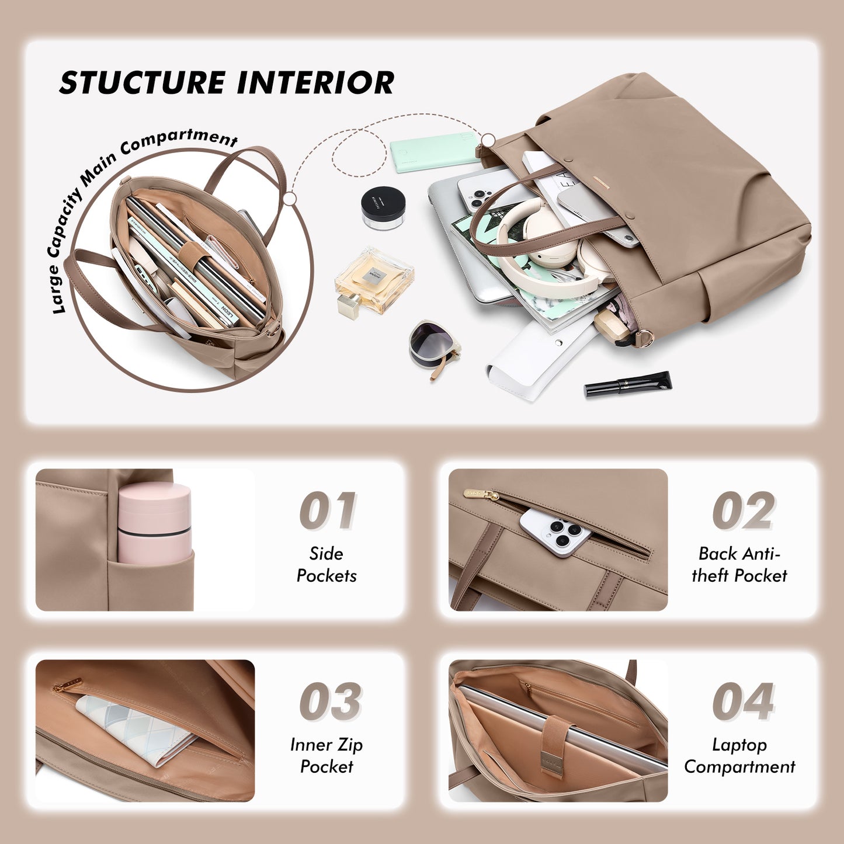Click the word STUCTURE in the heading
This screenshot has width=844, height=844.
tap(142, 82)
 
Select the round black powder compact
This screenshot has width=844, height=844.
tap(383, 208)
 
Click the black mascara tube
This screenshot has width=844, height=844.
tap(628, 384)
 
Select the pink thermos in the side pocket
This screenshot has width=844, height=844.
tap(154, 523)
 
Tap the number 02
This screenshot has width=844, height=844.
tap(743, 511)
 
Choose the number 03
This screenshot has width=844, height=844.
tap(330, 701)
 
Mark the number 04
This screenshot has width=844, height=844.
tap(743, 701)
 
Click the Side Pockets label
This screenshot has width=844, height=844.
tap(326, 564)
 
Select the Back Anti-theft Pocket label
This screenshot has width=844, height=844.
tap(739, 564)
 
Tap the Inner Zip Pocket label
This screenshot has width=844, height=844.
tap(326, 755)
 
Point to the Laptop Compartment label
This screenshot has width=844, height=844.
tap(739, 755)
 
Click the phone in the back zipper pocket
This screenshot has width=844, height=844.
tap(554, 532)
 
